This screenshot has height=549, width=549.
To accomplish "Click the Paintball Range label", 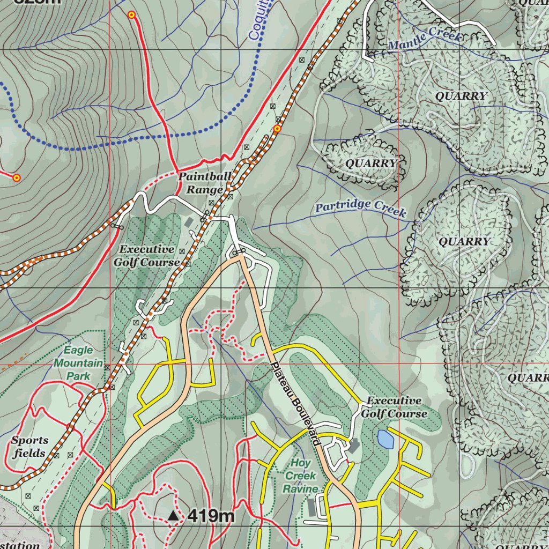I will (x=205, y=183).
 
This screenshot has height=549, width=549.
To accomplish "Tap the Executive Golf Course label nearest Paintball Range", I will (x=146, y=256).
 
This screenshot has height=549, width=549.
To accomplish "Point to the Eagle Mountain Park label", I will (x=79, y=363).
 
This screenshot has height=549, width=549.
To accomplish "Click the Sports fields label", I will (x=29, y=447).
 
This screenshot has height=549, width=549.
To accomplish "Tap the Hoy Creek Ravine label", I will (x=300, y=476).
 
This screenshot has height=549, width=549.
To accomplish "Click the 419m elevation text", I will (x=211, y=516).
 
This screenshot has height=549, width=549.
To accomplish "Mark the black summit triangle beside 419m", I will (x=173, y=516).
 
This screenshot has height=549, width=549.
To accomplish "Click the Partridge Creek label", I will (x=360, y=208).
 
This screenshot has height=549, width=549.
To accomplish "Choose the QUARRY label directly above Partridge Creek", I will (x=371, y=163).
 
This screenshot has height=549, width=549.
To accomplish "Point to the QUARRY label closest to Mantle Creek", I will (x=461, y=96).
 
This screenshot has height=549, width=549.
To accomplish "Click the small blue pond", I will (x=385, y=439).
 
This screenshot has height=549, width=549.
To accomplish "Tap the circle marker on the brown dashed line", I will (x=277, y=129).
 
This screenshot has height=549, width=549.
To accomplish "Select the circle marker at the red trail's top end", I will (x=131, y=15).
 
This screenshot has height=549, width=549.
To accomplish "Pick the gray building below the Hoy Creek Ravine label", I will (x=312, y=507).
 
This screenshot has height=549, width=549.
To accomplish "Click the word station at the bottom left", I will (x=20, y=545).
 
